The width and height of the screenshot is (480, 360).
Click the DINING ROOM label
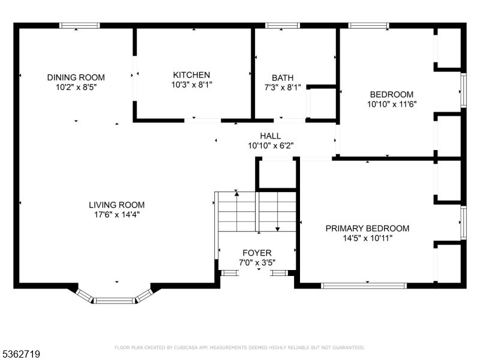click(76, 77)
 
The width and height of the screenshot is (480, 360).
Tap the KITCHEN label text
click(191, 75)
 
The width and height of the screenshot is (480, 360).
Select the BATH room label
click(283, 78)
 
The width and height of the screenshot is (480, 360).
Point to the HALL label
click(271, 136)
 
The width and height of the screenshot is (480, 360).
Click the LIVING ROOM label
click(116, 205)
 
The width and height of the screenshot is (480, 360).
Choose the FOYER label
click(257, 253)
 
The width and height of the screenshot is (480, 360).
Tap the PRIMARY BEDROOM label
click(367, 229)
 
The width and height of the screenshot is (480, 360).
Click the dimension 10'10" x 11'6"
click(392, 104)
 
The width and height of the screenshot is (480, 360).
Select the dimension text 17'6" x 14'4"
click(116, 215)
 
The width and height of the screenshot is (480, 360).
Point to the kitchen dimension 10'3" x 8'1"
click(191, 85)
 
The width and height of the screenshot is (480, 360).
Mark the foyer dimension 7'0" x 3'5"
click(257, 263)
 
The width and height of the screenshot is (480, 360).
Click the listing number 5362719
click(20, 354)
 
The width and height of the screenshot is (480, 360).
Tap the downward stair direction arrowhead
click(278, 229)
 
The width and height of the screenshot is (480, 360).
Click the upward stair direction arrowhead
click(236, 193)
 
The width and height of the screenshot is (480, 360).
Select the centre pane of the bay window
click(114, 301)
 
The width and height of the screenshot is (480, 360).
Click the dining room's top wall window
click(80, 25)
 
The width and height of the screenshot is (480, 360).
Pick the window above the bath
click(282, 25)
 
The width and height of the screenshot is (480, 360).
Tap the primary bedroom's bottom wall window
click(364, 286)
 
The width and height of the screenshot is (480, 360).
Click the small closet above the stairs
click(277, 174)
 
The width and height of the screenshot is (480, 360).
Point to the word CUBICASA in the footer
click(186, 347)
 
